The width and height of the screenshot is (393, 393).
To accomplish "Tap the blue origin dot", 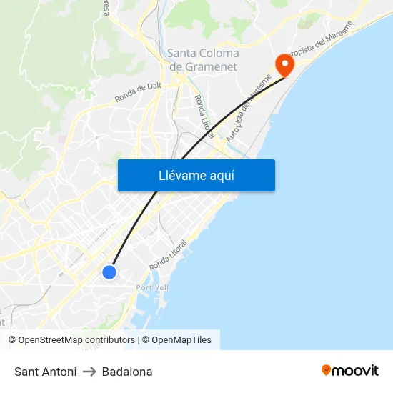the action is tap(109, 272).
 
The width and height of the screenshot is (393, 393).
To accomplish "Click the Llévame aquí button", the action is tap(196, 175).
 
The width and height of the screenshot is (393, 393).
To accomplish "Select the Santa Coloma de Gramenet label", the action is tap(204, 60).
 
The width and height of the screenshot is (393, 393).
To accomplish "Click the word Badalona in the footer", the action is tap(127, 372).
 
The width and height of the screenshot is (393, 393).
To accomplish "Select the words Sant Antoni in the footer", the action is tap(46, 372).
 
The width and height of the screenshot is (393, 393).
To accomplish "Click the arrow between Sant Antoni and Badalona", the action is tap(89, 372).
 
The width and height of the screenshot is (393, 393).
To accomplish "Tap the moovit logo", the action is tap(350, 370).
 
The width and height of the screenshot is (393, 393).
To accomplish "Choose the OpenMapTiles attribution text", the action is tap(181, 340).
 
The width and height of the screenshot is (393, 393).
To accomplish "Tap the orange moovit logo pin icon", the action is tap(327, 370).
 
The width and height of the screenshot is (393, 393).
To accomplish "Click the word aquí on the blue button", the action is tap(222, 176).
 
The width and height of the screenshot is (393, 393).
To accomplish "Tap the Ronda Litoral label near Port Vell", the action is tap(169, 256).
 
